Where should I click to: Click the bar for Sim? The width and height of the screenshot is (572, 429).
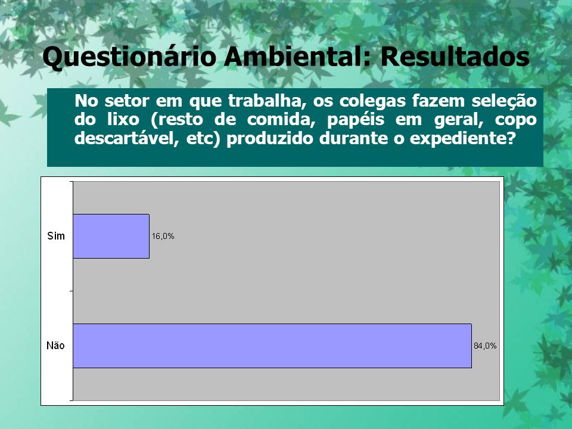click(x=111, y=236)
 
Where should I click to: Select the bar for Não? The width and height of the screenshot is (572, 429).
click(x=272, y=346)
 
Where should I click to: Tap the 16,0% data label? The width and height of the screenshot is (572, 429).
click(x=163, y=237)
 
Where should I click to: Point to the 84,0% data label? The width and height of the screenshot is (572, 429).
click(x=485, y=346)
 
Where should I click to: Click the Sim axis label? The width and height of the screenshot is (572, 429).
click(x=56, y=236)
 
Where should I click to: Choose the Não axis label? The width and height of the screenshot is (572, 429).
click(x=55, y=345)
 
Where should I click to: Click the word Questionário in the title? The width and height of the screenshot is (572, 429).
click(x=129, y=57)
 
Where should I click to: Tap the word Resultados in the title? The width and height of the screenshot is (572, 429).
click(x=455, y=57)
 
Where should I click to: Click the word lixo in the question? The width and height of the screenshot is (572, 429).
click(x=123, y=120)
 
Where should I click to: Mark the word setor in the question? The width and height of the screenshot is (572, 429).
click(x=127, y=101)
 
